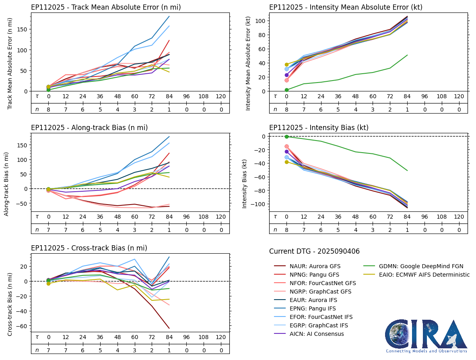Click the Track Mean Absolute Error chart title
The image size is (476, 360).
pos(106,7)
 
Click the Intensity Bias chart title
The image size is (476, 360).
pos(319,128)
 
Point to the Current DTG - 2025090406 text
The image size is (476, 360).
pos(314,252)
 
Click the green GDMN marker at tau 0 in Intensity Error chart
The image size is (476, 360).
pos(286,90)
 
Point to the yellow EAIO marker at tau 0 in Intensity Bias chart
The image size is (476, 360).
pos(286,162)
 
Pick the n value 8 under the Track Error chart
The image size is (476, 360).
pos(48,110)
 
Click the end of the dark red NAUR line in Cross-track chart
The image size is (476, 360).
pos(169,328)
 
